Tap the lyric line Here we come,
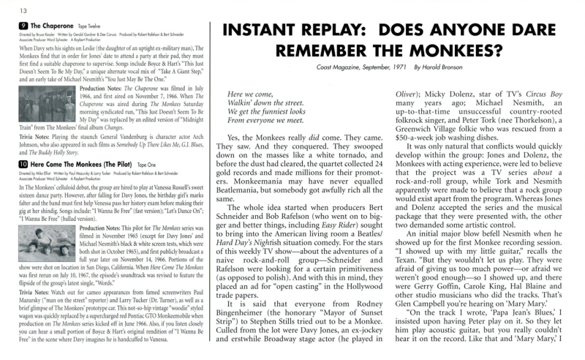pos(249,94)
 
